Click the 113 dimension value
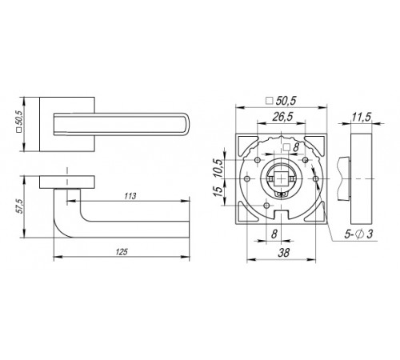130,196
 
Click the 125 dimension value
122,252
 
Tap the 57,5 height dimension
19,206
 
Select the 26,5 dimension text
282,117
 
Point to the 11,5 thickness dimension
361,117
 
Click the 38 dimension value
283,253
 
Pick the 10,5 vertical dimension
218,168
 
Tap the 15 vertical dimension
218,190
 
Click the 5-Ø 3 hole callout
358,234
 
